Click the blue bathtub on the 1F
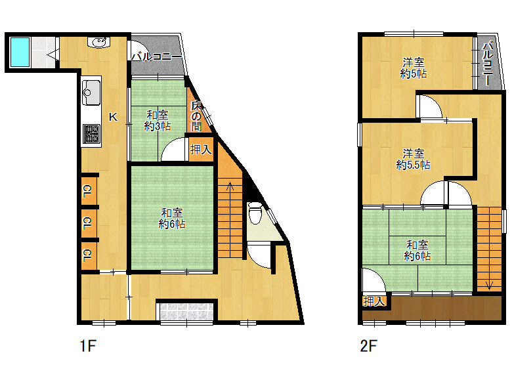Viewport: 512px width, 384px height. point(20,53)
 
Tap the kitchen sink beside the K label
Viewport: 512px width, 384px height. point(91,92)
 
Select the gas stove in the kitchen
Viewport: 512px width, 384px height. point(91,134)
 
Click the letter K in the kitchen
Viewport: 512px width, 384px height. point(113,117)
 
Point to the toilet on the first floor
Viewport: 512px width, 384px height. point(255,213)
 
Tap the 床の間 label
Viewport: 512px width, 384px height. point(196,116)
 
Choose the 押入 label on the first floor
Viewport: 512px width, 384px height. point(201,150)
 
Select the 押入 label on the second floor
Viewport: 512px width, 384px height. point(374,301)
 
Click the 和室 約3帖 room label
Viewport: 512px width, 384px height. point(158,121)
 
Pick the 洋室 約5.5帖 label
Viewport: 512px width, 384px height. point(413,159)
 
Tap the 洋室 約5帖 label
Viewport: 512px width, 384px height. point(414,68)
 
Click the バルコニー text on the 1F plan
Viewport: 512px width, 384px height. point(156,57)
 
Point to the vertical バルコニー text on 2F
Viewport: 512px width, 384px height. point(488,64)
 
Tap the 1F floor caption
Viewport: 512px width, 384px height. point(88,345)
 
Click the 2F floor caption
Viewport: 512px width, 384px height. point(369,345)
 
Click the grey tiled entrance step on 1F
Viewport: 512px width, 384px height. point(186,311)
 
